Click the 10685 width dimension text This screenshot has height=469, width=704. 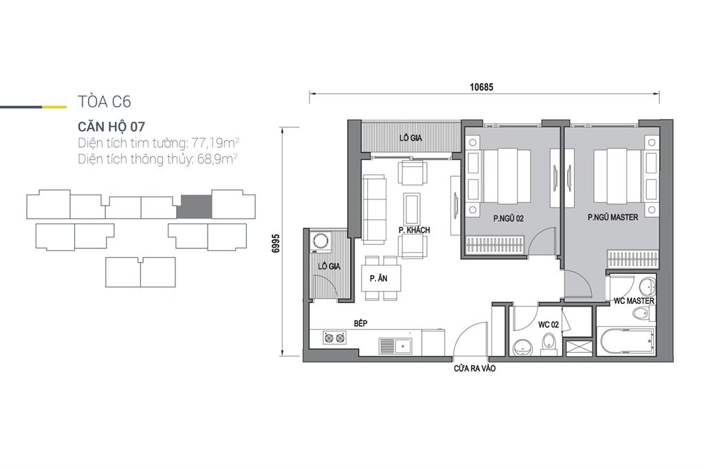coord(481,87)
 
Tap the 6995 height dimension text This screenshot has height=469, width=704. coord(276,243)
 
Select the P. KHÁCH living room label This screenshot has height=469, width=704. coord(414,230)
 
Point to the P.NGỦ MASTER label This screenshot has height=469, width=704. coord(613,217)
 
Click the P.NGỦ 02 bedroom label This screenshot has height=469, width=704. coord(508,219)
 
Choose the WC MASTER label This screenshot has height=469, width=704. coord(634,301)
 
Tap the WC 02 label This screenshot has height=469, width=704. coord(548,325)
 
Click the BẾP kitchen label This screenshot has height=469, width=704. coord(360,323)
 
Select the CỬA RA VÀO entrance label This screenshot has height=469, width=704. coord(474,369)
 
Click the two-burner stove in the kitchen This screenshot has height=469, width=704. coord(335,338)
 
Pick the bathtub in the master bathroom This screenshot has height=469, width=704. coord(626,342)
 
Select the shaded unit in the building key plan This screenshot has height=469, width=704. coord(194,207)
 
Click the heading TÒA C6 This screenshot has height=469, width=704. coord(104,102)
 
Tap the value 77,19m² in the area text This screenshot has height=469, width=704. coord(215,143)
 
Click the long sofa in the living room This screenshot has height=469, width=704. coord(374,210)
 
